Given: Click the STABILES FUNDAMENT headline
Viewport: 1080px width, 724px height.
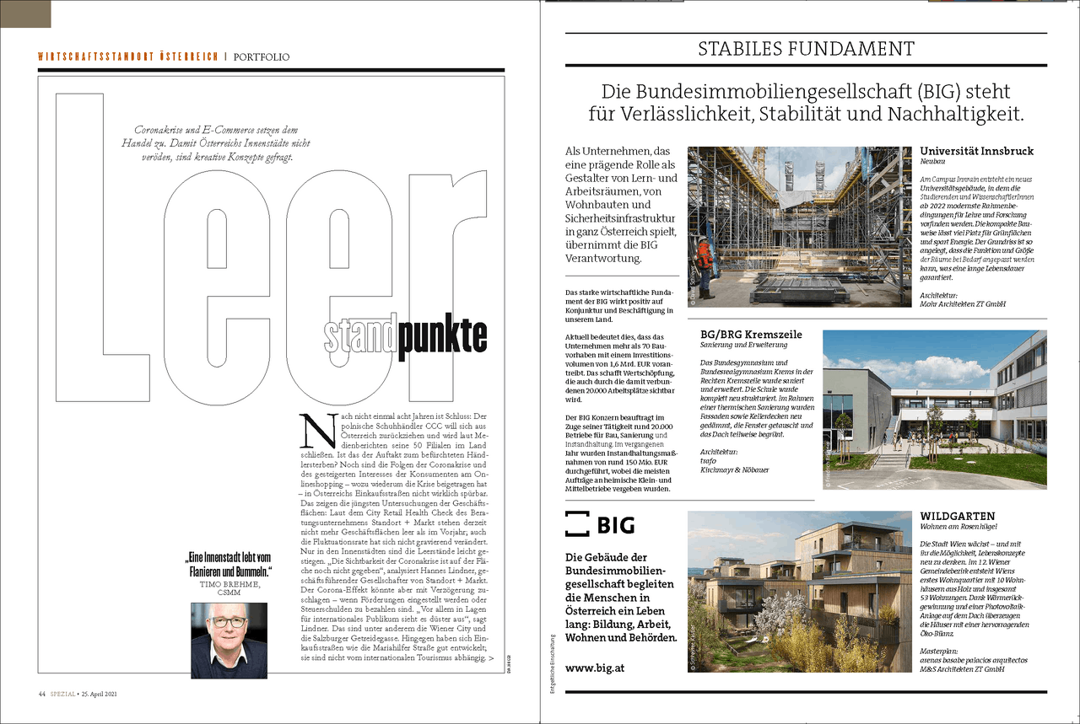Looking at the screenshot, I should (806, 49).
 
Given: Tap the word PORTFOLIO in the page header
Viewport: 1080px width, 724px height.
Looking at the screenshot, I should (262, 57).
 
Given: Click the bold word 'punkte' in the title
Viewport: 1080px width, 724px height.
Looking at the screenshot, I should (443, 336).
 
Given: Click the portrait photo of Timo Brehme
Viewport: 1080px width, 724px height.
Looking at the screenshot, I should (229, 640).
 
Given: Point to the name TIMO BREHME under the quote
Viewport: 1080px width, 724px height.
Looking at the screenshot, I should (229, 583).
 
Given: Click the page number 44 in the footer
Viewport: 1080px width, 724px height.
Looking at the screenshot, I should (40, 695).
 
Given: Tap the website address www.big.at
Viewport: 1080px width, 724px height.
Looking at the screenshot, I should (595, 668).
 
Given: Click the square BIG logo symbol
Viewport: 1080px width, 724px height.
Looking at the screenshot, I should (577, 523).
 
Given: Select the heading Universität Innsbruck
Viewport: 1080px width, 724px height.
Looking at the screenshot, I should (976, 152).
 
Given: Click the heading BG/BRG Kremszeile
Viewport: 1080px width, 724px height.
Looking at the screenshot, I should (751, 334).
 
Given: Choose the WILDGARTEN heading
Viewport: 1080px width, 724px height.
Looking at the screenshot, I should (958, 516).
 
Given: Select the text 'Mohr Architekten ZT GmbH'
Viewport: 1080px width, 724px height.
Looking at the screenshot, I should (964, 304).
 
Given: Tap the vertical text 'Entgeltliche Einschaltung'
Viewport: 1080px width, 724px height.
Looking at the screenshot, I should (552, 662).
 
